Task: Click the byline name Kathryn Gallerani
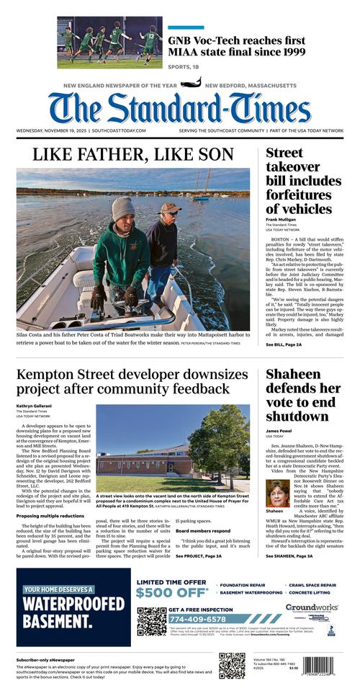pos(35,406)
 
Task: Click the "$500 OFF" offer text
pos(171,593)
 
